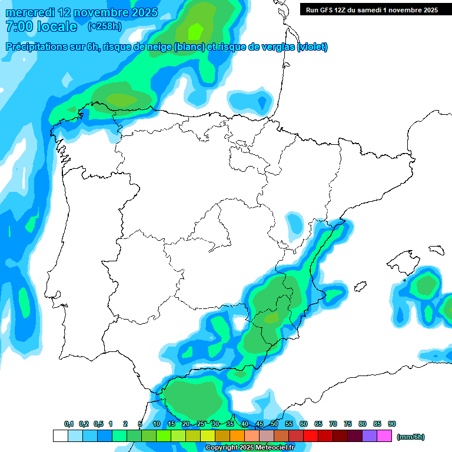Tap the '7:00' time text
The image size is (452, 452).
pyautogui.click(x=19, y=26)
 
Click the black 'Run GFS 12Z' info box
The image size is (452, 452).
pyautogui.click(x=372, y=9)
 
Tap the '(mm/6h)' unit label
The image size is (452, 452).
pyautogui.click(x=411, y=437)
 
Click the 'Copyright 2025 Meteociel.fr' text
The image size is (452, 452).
pyautogui.click(x=250, y=448)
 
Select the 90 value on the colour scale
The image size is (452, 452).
pyautogui.click(x=391, y=424)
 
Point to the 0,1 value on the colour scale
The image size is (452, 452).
pyautogui.click(x=69, y=424)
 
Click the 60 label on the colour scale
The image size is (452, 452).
pyautogui.click(x=304, y=424)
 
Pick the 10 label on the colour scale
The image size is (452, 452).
pyautogui.click(x=157, y=424)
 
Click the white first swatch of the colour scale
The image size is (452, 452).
pyautogui.click(x=60, y=436)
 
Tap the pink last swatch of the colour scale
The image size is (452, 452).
pyautogui.click(x=384, y=436)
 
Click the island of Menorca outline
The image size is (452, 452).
pyautogui.click(x=436, y=250)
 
